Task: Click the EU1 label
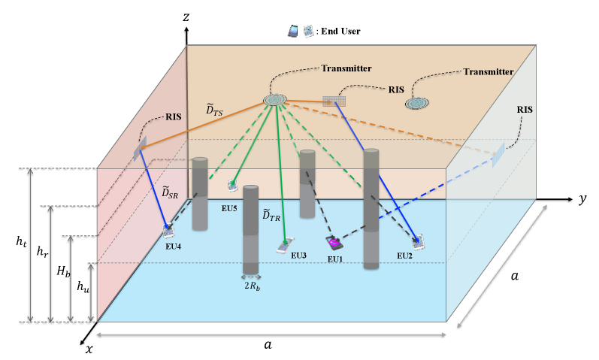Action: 335,259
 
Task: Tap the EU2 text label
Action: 405,256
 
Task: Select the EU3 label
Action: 298,256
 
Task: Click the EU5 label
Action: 229,207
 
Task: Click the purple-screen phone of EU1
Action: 334,243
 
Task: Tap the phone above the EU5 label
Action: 234,185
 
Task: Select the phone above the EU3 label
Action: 285,244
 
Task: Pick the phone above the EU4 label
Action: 169,230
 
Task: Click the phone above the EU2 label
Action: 418,241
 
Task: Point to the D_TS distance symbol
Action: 214,110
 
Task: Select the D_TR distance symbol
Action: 271,215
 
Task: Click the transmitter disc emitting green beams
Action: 275,99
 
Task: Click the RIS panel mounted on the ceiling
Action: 333,100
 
